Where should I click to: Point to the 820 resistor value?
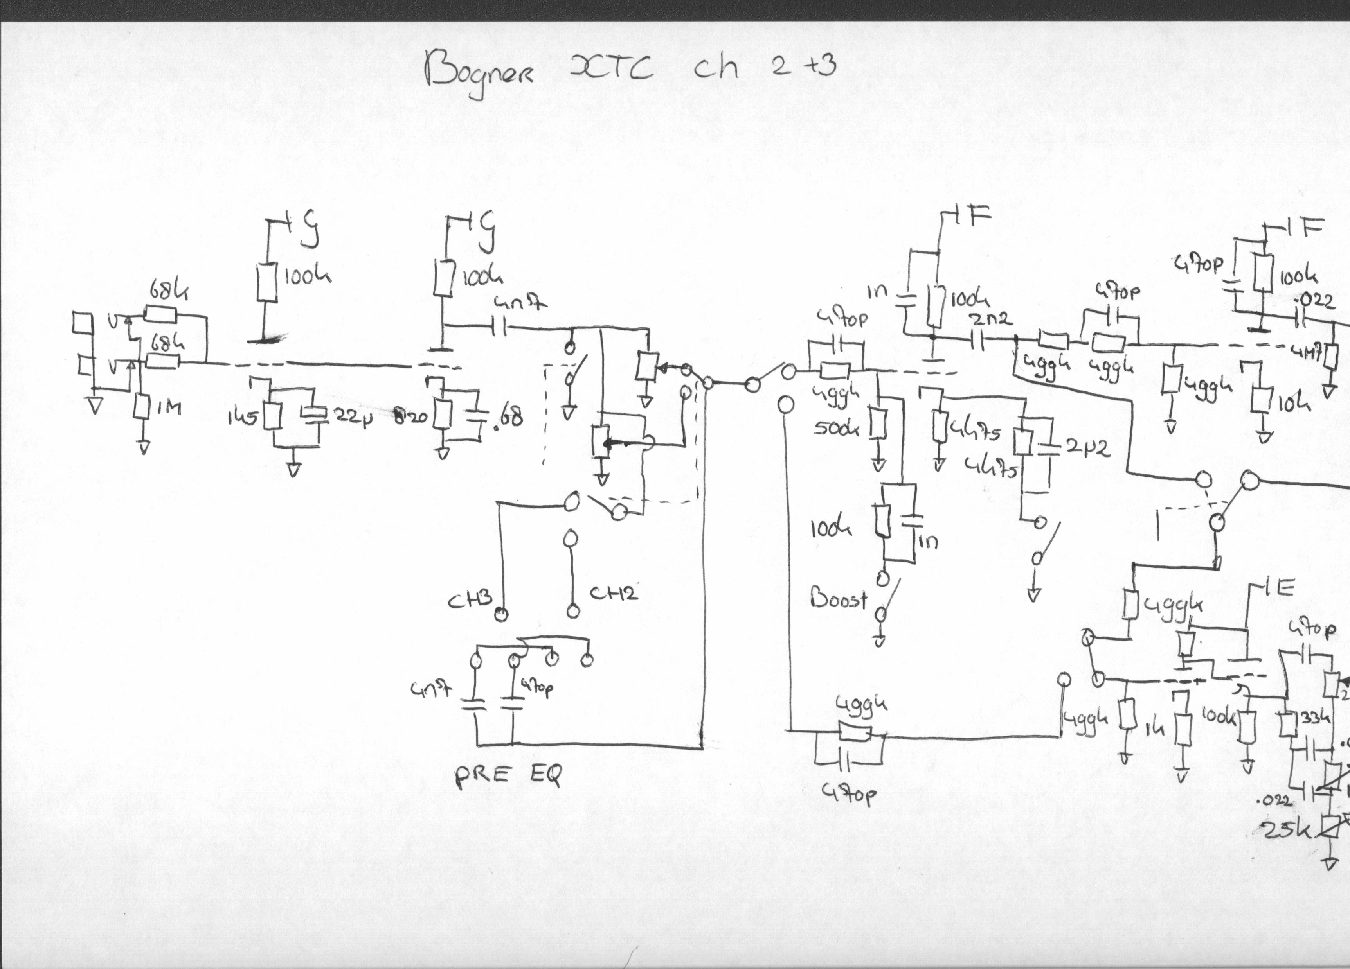[411, 416]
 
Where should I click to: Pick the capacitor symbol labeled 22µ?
[314, 413]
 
